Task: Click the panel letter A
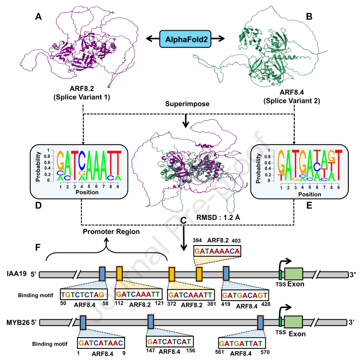coord(37,18)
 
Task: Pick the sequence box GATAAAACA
coord(217,251)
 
